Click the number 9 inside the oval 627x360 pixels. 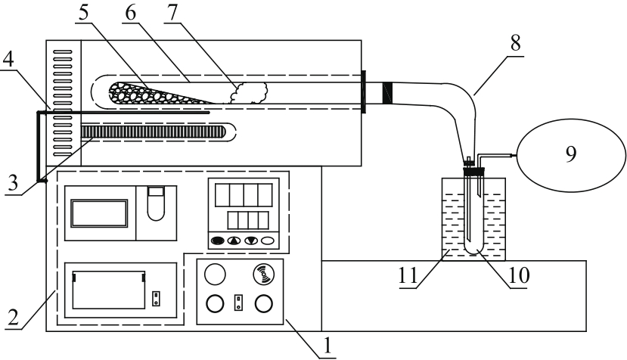(x=571, y=154)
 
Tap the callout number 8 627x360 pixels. (x=515, y=43)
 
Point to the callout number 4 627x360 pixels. (x=8, y=59)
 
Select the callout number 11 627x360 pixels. (x=408, y=275)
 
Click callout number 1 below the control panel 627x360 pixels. (x=327, y=346)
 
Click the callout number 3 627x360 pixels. (x=13, y=183)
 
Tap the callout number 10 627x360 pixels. (x=519, y=275)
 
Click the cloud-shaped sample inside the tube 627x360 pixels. (x=249, y=93)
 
